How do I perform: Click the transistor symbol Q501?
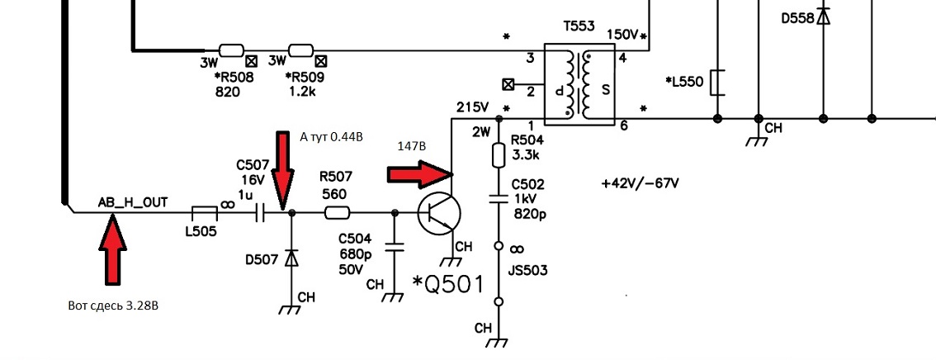click(x=439, y=213)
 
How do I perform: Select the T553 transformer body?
click(x=579, y=84)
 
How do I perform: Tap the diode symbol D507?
click(x=291, y=258)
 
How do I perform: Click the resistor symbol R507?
click(x=338, y=212)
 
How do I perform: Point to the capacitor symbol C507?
click(x=260, y=212)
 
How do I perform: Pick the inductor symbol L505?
click(x=204, y=212)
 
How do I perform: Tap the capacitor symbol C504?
click(x=393, y=246)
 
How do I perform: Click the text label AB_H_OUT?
click(x=133, y=203)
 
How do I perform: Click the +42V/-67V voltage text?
click(x=641, y=182)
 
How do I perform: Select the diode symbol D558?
click(x=824, y=17)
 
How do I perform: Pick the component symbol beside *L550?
click(x=716, y=83)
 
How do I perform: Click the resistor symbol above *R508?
click(x=231, y=50)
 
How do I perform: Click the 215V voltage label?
click(x=473, y=108)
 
